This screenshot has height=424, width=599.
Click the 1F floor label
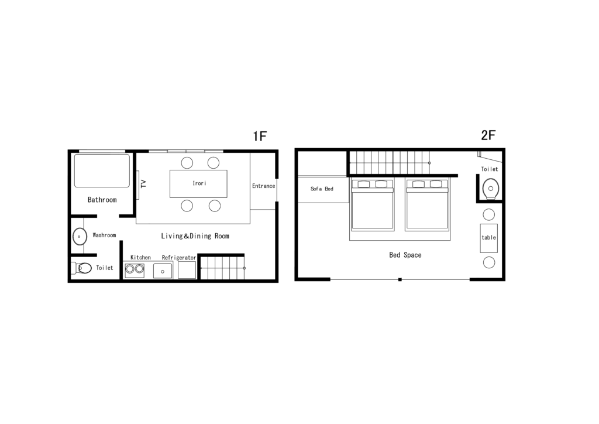(260, 136)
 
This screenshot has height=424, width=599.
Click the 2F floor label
(488, 135)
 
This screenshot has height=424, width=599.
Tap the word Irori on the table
(199, 183)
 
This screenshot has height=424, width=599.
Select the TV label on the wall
(144, 183)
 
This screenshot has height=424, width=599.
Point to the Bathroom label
(102, 200)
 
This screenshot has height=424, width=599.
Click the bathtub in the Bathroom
(102, 170)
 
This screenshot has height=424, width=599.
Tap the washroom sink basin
(80, 236)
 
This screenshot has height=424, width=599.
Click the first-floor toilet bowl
(84, 268)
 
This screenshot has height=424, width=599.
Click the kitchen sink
(163, 271)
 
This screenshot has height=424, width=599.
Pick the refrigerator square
(187, 270)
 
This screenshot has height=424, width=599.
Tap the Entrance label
(264, 186)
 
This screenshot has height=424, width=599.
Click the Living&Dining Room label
(195, 236)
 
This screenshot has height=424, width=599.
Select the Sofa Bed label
(322, 189)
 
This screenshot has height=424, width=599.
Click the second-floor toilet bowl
(491, 189)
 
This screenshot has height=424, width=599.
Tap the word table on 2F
(488, 237)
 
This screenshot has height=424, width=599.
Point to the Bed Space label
(405, 255)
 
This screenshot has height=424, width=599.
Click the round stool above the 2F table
(488, 214)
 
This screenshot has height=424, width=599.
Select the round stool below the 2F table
(489, 262)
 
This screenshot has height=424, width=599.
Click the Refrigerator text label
(179, 258)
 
